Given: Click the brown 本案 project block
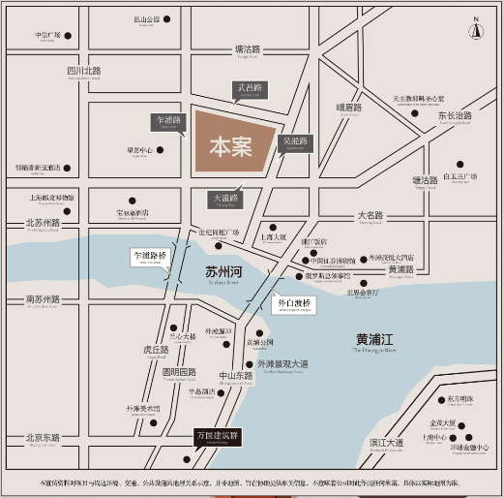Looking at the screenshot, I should pos(232,146).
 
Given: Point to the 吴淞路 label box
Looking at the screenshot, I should pos(293,142).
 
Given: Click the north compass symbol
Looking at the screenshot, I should pos(476,29).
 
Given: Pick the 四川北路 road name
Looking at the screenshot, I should pos(84,71).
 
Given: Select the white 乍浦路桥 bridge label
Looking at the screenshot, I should pos(150,257).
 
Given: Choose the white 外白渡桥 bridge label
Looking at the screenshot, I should pos(295,303).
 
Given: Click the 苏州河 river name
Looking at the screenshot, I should pos(222,272).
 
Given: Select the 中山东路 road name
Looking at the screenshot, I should pos(235,376).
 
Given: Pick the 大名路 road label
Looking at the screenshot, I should pos(371,215).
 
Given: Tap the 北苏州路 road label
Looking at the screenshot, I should pos(43,223).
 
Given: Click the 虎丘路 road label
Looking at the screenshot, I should pos(156,350).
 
